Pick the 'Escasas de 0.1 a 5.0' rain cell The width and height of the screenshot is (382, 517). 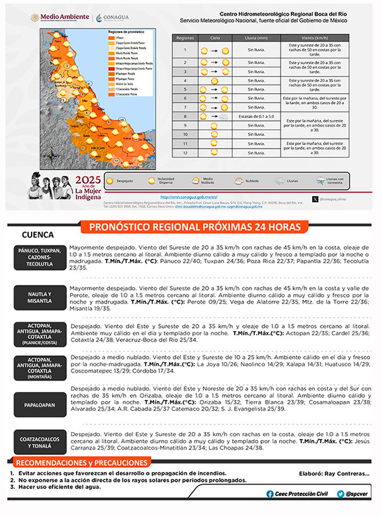point(255,116)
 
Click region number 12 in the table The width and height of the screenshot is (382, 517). point(186,153)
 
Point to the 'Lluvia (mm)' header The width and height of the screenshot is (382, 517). point(255,38)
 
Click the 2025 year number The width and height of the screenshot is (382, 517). point(90,180)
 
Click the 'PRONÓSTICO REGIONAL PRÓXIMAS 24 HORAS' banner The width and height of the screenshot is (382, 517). point(190,227)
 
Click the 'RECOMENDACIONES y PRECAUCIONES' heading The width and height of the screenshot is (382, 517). point(81,463)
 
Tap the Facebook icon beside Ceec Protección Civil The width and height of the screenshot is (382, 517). point(270,494)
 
